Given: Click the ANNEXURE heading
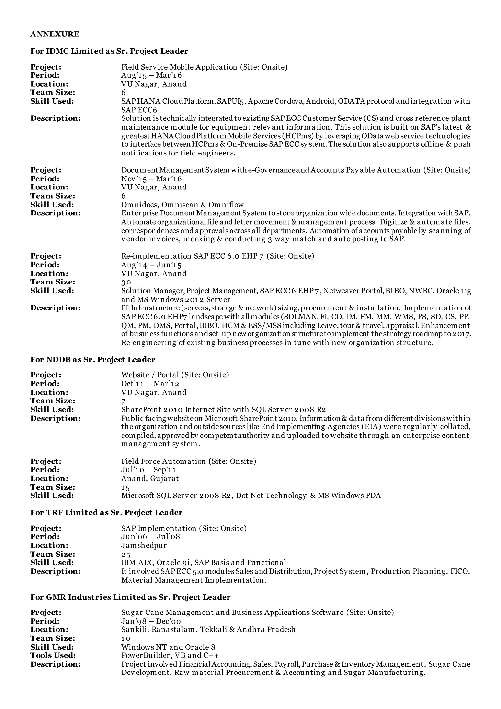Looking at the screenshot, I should [55, 34].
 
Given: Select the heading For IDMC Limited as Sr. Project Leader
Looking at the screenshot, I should [109, 51].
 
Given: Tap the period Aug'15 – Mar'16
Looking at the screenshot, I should [151, 75].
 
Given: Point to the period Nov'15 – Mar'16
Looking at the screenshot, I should [151, 179].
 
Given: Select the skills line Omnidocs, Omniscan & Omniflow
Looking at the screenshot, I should [182, 205].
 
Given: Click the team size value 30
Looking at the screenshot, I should [126, 282].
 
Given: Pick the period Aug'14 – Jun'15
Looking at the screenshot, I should [151, 265].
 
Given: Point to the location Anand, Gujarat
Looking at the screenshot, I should [150, 478].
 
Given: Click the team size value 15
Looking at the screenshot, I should [125, 488].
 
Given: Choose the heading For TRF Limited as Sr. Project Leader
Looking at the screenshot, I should [106, 513].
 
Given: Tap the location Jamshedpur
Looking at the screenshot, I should [144, 545].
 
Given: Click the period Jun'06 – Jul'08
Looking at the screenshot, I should [150, 536].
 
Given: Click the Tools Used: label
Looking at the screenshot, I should [53, 655].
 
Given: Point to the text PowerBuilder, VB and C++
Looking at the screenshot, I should [170, 655].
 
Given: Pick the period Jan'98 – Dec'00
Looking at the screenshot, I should [151, 621].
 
